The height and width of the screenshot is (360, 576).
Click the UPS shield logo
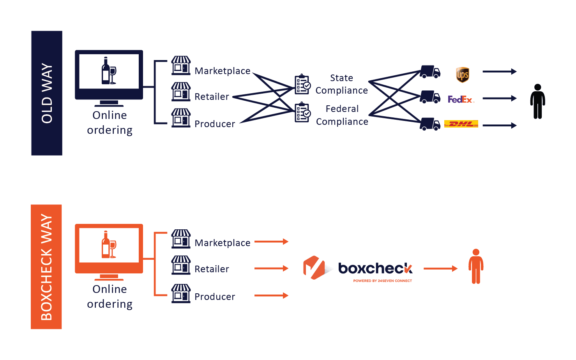point(462,74)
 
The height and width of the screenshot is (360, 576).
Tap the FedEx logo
point(461,99)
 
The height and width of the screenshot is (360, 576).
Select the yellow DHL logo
point(461,124)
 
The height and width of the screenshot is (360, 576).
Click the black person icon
point(537,101)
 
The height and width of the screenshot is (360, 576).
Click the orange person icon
point(475,266)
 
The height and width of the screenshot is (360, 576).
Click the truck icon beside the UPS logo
point(430,72)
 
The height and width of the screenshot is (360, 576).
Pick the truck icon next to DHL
point(430,124)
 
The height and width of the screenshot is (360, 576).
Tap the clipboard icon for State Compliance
point(302,84)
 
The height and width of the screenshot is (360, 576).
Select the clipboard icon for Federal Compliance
point(302,112)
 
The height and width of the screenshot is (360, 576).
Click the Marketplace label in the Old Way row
point(223,71)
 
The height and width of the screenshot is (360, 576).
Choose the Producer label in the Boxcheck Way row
point(215,297)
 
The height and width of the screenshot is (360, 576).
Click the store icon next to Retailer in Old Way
point(181,92)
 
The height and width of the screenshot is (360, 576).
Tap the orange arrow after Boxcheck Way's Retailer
point(271,268)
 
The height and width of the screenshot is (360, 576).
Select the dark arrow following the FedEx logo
point(499,98)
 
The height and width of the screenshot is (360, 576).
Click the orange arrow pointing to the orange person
point(440,268)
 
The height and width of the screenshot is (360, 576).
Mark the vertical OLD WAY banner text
point(47,93)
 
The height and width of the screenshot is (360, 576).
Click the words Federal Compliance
point(342,115)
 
